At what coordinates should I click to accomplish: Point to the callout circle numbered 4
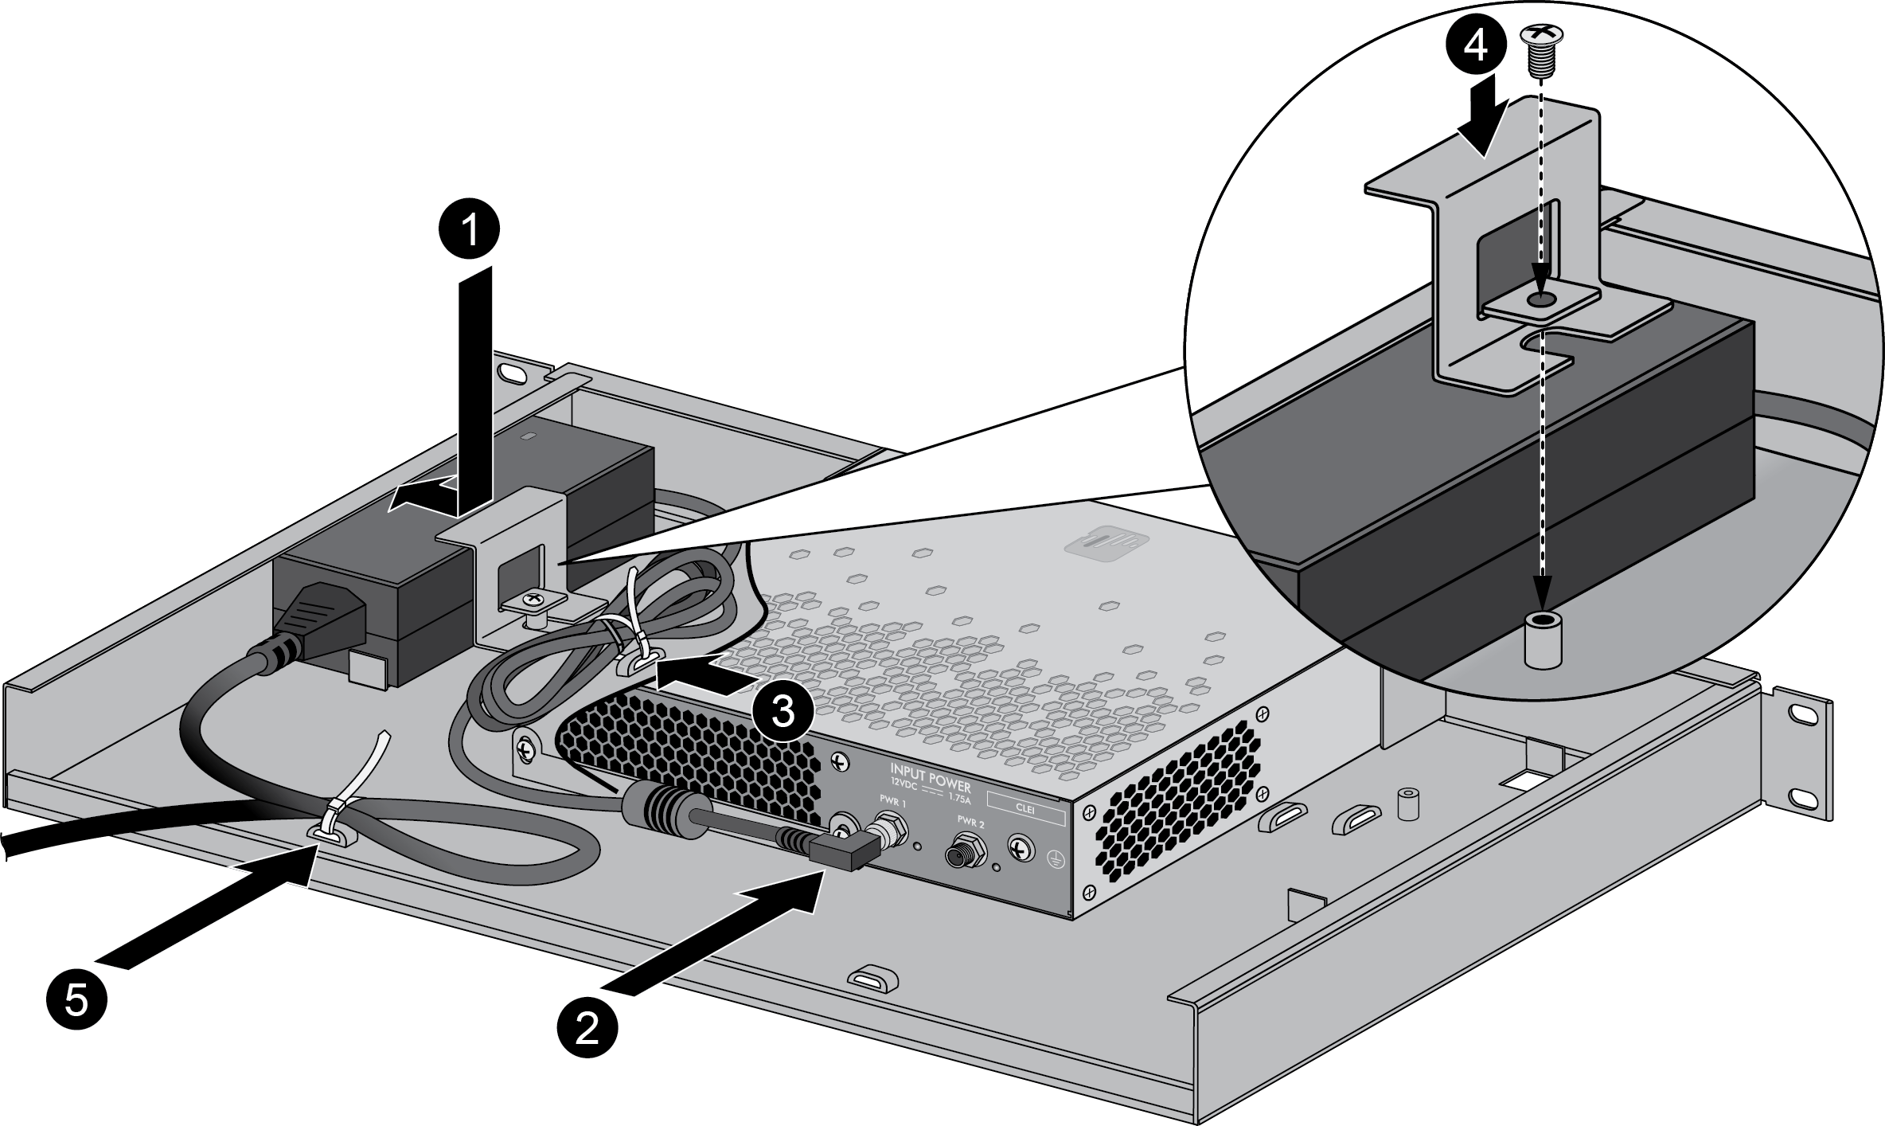1474,47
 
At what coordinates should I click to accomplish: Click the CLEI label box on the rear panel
1025,807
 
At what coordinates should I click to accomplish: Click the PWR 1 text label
893,800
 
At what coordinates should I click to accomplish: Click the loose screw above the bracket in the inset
1543,47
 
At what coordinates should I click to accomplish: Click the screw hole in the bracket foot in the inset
1541,299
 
